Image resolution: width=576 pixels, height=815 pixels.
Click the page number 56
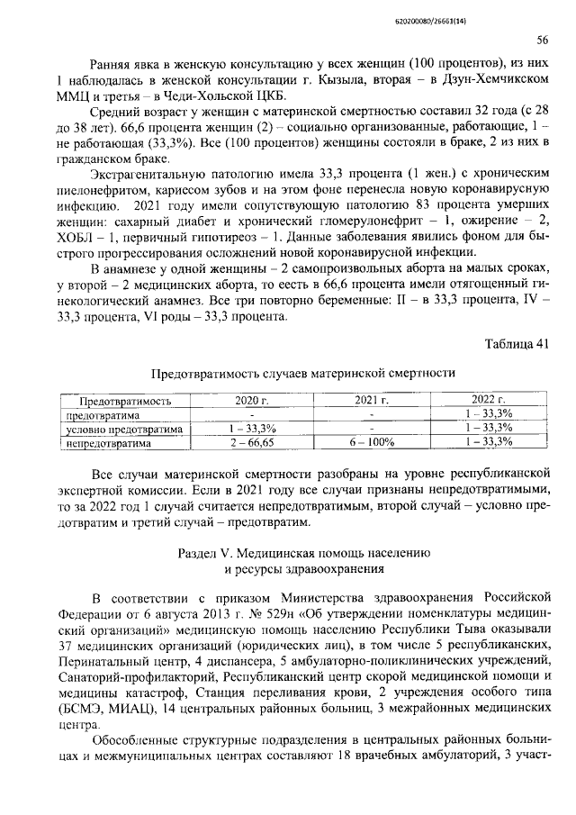(543, 39)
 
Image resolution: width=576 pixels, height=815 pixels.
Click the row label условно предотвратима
(125, 429)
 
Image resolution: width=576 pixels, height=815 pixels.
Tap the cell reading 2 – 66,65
(250, 443)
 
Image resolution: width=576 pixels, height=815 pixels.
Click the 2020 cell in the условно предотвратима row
(250, 429)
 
